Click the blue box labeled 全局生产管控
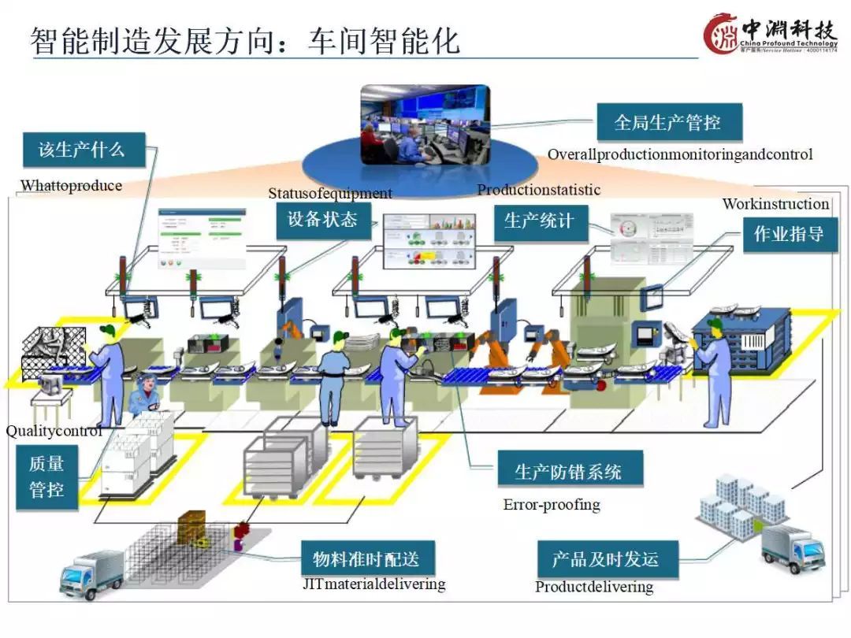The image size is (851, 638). [668, 124]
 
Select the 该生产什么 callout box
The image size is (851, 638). [83, 150]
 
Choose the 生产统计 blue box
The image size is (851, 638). [540, 221]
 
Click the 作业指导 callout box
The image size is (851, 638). [790, 234]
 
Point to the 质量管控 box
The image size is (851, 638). [46, 477]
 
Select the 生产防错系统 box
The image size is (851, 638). [569, 471]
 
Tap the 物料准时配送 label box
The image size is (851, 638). [366, 560]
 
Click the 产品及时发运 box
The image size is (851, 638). [604, 560]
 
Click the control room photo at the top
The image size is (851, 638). [425, 124]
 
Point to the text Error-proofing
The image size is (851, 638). [552, 505]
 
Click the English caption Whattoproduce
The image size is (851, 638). [71, 186]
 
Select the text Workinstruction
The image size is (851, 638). [775, 204]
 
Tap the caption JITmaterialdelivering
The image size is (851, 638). [374, 584]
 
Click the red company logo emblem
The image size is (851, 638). [721, 34]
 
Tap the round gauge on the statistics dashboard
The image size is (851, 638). [628, 229]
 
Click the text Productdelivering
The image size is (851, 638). [594, 587]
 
